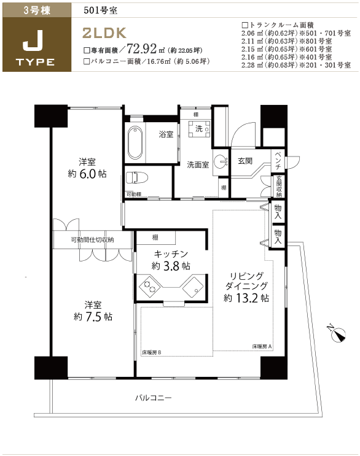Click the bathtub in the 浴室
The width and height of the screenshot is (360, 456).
pyautogui.click(x=135, y=142)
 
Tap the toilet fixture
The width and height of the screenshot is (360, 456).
pyautogui.click(x=137, y=177)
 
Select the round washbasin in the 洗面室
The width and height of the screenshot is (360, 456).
pyautogui.click(x=221, y=161)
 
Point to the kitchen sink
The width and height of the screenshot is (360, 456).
pyautogui.click(x=193, y=287)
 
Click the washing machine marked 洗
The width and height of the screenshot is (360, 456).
pyautogui.click(x=199, y=128)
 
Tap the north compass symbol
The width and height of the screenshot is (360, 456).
pyautogui.click(x=337, y=334)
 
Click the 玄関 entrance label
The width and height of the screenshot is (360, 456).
pyautogui.click(x=245, y=161)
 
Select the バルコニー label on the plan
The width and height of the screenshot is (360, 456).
pyautogui.click(x=154, y=398)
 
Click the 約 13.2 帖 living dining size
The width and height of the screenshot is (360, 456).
pyautogui.click(x=246, y=298)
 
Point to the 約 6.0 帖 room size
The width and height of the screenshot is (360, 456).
pyautogui.click(x=87, y=174)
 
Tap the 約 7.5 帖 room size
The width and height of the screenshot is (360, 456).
pyautogui.click(x=93, y=317)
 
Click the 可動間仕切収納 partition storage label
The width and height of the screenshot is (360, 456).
pyautogui.click(x=93, y=239)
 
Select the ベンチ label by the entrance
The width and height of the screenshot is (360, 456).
pyautogui.click(x=278, y=160)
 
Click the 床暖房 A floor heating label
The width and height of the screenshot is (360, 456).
pyautogui.click(x=262, y=346)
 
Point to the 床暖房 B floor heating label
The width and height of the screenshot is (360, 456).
pyautogui.click(x=152, y=352)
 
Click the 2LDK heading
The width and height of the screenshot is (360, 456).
pyautogui.click(x=104, y=33)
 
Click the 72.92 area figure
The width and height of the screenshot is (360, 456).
pyautogui.click(x=142, y=48)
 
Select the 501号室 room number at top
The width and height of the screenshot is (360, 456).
pyautogui.click(x=100, y=10)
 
